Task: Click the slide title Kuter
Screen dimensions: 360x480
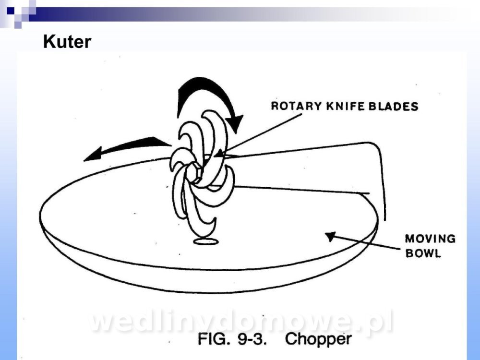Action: (67, 42)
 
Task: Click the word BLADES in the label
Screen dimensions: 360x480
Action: (396, 106)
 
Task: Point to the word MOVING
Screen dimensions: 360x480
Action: (430, 239)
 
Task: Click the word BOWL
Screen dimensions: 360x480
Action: (423, 253)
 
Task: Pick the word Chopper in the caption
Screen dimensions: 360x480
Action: (318, 339)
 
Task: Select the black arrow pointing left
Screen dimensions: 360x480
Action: (127, 146)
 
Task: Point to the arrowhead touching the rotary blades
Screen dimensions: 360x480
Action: (218, 154)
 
